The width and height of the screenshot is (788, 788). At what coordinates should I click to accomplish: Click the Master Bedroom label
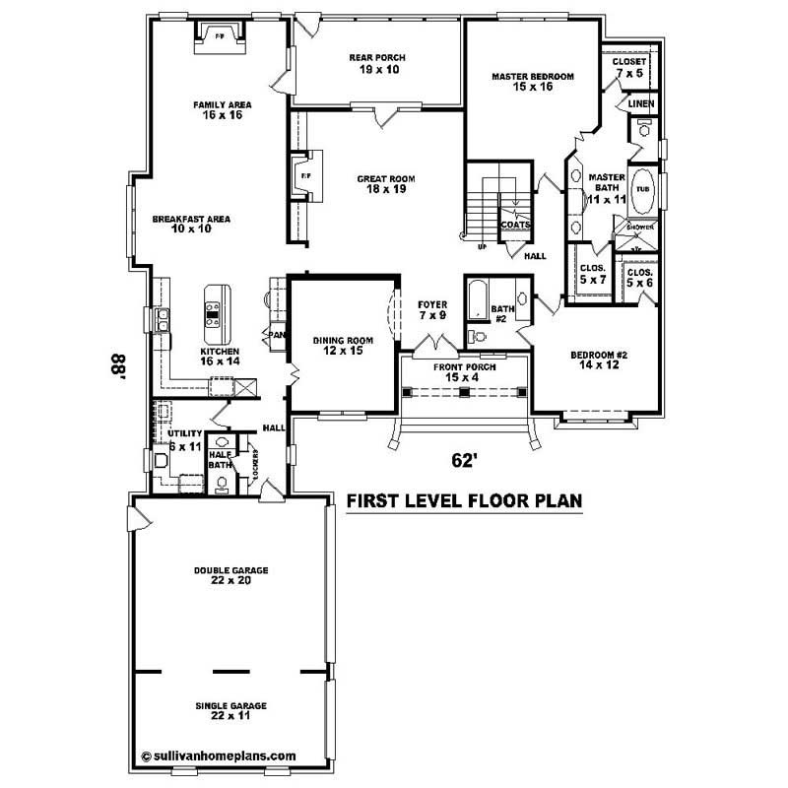(x=532, y=81)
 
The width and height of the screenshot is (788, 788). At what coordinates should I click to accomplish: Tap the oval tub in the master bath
(x=642, y=189)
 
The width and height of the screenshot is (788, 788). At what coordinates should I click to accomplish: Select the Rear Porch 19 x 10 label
(x=376, y=64)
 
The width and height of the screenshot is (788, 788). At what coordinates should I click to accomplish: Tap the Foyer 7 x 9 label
(x=432, y=310)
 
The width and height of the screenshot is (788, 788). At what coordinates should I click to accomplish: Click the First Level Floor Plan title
(x=464, y=501)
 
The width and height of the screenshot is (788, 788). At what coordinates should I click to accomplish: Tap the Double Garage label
(x=231, y=574)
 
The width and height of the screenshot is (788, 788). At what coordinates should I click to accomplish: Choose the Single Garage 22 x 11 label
(x=231, y=710)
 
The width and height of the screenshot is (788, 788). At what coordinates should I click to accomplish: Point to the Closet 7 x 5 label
(x=630, y=66)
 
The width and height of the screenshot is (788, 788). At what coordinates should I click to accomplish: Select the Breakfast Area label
(x=177, y=224)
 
